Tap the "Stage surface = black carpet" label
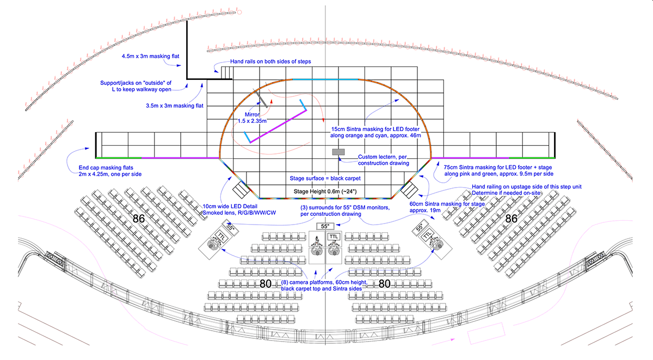coord(324,178)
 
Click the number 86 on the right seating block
coord(511,219)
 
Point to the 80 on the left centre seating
coord(266,283)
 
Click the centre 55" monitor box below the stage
coord(325,226)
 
